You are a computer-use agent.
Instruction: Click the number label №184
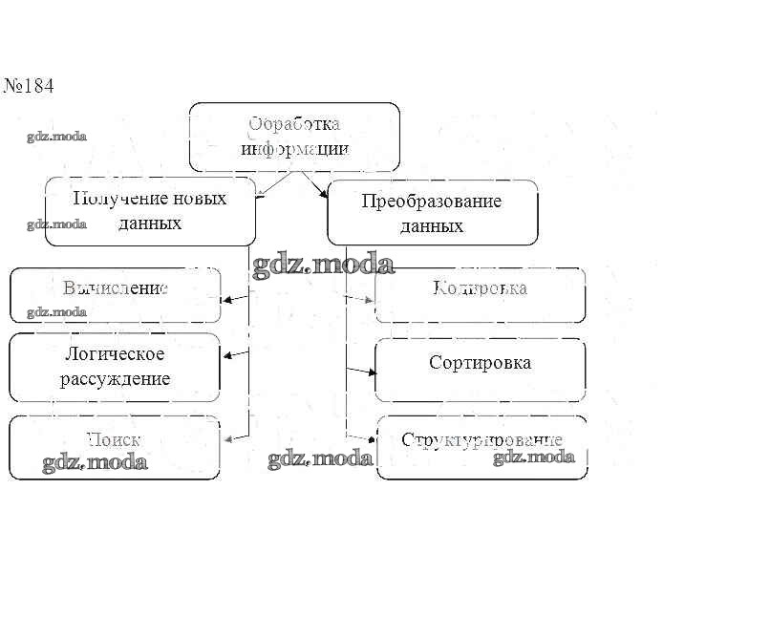pyautogui.click(x=29, y=86)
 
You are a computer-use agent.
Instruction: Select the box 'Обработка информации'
pyautogui.click(x=294, y=137)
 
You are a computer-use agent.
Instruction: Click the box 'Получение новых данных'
pyautogui.click(x=150, y=211)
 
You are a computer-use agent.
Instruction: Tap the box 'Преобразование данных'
pyautogui.click(x=432, y=213)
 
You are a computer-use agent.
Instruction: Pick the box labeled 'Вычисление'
pyautogui.click(x=115, y=295)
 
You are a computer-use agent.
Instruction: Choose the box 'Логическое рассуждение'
pyautogui.click(x=115, y=367)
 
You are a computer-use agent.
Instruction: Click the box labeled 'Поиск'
pyautogui.click(x=115, y=448)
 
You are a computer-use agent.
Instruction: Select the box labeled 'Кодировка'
pyautogui.click(x=481, y=295)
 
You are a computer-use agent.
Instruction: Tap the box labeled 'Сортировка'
pyautogui.click(x=481, y=370)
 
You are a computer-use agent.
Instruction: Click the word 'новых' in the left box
pyautogui.click(x=195, y=199)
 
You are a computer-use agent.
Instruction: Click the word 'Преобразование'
pyautogui.click(x=432, y=202)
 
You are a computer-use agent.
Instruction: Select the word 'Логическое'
pyautogui.click(x=115, y=354)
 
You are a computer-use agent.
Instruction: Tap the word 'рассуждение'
pyautogui.click(x=117, y=378)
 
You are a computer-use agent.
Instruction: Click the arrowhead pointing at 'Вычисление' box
pyautogui.click(x=227, y=300)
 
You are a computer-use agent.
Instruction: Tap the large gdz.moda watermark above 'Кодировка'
pyautogui.click(x=323, y=265)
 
